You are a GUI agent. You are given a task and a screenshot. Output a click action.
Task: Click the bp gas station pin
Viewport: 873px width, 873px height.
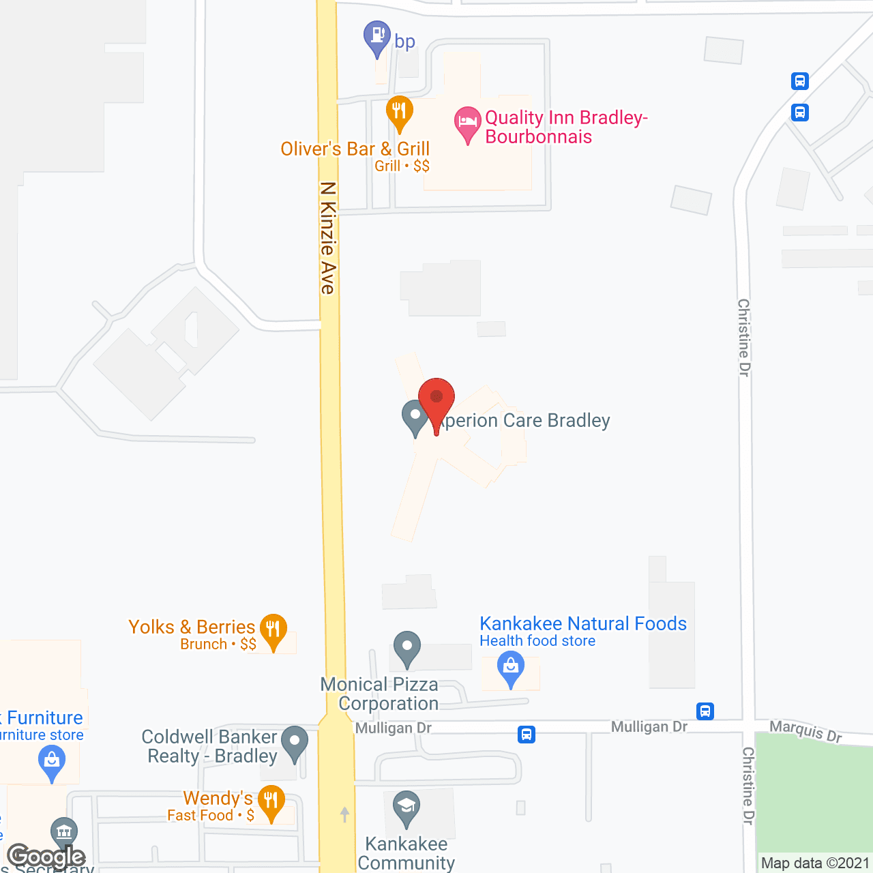pos(376,37)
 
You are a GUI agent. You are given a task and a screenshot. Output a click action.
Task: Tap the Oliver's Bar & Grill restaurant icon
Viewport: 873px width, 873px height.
pos(399,113)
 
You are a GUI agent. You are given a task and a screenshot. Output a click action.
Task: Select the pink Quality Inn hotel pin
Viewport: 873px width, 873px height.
pos(467,123)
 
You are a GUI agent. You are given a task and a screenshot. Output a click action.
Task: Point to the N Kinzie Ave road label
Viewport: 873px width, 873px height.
pos(329,237)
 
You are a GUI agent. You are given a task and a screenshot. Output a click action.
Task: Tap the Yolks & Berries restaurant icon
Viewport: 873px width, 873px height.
pos(273,630)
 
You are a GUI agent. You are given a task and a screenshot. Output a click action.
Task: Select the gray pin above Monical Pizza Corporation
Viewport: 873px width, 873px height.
pos(406,647)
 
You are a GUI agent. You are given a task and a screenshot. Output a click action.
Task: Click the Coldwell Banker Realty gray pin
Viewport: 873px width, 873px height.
pos(295,743)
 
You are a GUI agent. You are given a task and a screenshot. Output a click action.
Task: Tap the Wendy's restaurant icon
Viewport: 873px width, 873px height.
pos(271,802)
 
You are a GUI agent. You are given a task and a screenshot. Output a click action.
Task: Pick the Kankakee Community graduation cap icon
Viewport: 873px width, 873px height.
pos(406,808)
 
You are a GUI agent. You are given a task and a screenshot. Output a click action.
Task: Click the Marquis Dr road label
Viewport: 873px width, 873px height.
pos(805,731)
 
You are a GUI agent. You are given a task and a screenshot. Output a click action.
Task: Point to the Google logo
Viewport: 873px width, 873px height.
pos(46,857)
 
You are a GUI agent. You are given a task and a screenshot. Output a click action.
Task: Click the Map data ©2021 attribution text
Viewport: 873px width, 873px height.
pos(815,863)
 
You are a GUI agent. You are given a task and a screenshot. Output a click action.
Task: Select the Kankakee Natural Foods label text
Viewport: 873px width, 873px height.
pos(583,623)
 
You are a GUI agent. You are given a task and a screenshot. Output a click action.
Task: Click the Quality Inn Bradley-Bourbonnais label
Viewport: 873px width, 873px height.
pos(566,127)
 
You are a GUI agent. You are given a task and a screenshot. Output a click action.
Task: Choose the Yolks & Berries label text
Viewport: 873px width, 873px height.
pos(192,627)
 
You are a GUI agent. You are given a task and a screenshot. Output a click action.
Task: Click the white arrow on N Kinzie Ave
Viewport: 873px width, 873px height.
pos(344,814)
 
